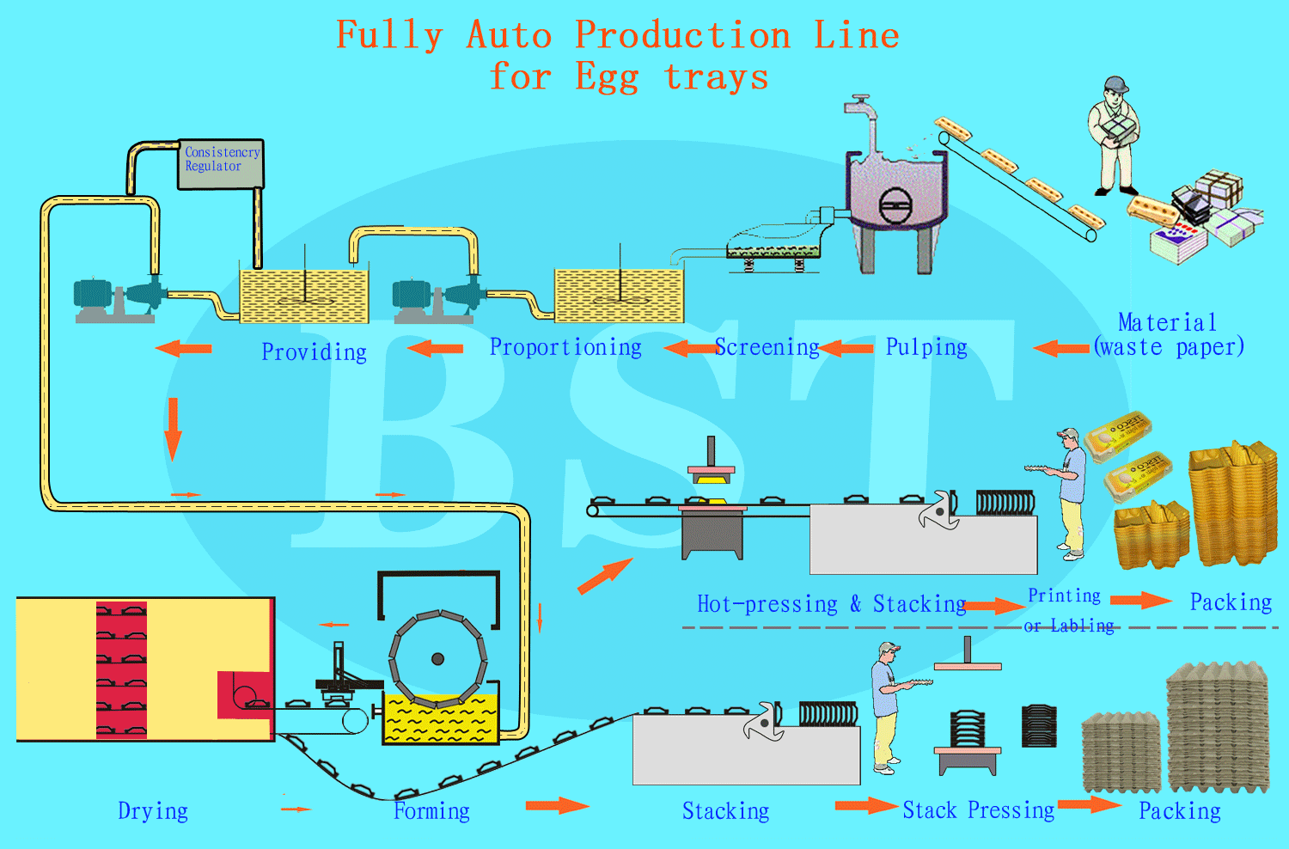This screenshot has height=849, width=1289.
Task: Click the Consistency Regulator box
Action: pos(221,164)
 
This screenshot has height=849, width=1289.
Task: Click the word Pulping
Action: pos(926,347)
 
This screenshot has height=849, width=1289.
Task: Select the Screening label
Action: pos(767,347)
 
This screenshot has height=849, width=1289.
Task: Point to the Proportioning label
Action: pos(565,347)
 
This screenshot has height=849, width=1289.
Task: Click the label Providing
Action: pos(315,352)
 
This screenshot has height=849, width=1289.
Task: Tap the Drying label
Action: pos(153,811)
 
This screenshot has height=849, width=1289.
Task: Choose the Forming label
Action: pos(431,811)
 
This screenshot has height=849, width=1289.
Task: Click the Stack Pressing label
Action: pos(978,809)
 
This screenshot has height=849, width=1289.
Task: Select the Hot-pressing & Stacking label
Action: pos(832,604)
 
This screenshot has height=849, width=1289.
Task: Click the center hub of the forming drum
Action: pos(438,659)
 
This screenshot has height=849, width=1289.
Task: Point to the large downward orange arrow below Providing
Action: pos(173,429)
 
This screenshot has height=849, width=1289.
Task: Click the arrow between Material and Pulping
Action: pos(1061,348)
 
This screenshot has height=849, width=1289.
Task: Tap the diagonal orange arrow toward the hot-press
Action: pos(605,577)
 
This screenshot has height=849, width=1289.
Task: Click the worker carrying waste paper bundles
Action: pos(1114,136)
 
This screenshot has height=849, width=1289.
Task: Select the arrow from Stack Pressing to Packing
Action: pos(1090,804)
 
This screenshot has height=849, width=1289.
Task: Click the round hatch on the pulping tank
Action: pos(895,205)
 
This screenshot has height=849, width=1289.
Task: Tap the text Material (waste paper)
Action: pos(1168,335)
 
